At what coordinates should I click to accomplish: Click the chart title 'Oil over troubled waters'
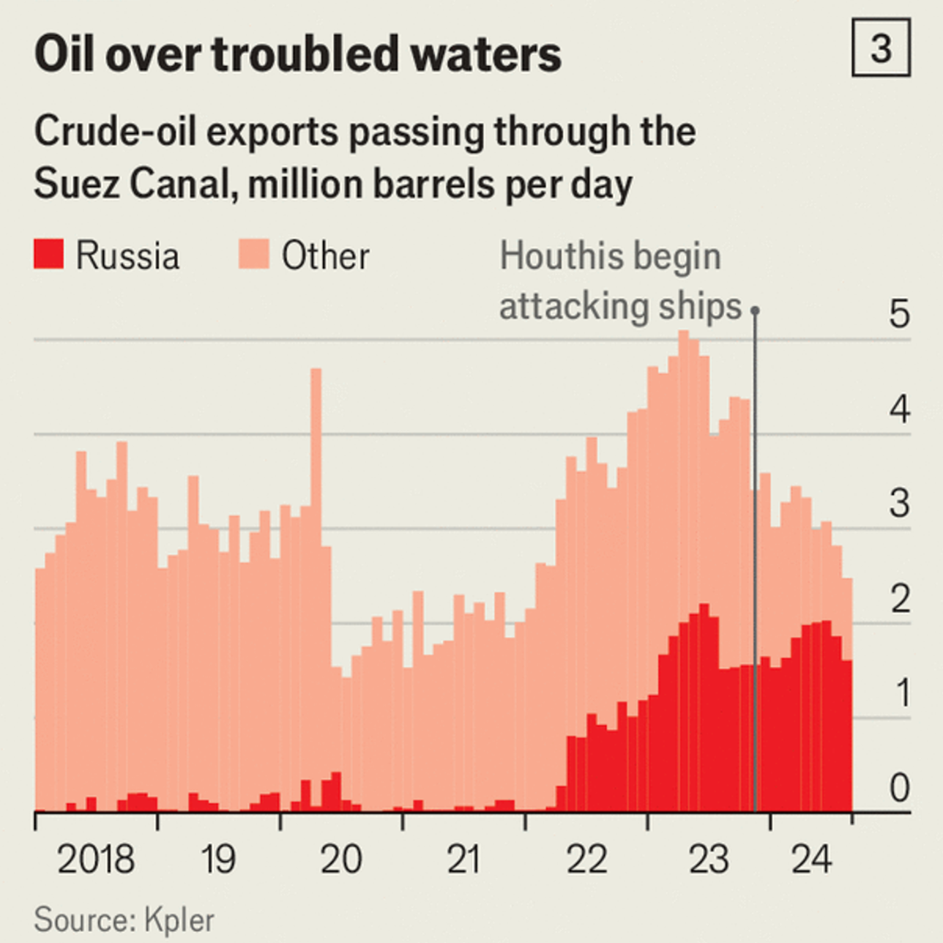click(x=297, y=54)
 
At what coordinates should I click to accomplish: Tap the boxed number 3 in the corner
click(x=881, y=48)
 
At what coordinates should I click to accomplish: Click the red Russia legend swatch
click(x=48, y=254)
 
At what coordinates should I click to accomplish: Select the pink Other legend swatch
click(x=253, y=254)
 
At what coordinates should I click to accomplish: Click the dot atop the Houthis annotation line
click(x=755, y=310)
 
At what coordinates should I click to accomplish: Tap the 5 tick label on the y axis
click(x=900, y=314)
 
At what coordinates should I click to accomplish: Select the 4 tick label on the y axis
click(x=900, y=409)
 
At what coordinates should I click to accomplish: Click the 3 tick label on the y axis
click(x=900, y=504)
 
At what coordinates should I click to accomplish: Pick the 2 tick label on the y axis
click(x=900, y=598)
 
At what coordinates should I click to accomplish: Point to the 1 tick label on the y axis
click(x=903, y=693)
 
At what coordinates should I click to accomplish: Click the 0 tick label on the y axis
click(x=900, y=788)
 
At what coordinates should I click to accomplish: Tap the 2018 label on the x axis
click(x=96, y=859)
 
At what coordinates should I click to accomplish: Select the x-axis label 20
click(x=341, y=859)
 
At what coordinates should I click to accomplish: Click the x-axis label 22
click(x=586, y=859)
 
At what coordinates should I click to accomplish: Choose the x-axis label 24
click(x=811, y=859)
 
